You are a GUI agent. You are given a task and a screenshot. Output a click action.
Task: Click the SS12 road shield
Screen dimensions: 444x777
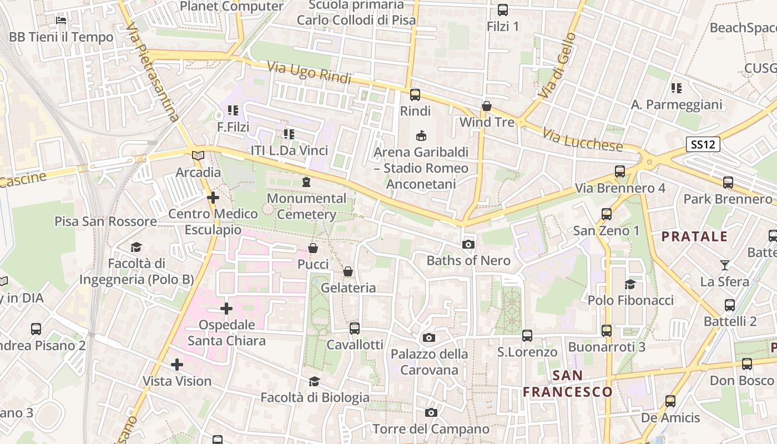pyautogui.click(x=703, y=145)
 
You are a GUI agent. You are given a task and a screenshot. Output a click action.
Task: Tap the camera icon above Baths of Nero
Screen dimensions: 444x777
pyautogui.click(x=468, y=244)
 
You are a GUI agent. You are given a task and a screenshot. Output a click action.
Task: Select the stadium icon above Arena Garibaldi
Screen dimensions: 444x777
pyautogui.click(x=421, y=135)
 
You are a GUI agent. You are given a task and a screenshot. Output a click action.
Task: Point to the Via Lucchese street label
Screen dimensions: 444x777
pyautogui.click(x=583, y=140)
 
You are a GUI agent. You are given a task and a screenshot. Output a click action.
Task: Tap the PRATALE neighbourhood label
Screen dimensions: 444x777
pyautogui.click(x=694, y=236)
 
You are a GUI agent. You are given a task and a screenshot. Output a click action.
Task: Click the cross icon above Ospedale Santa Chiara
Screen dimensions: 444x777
pyautogui.click(x=226, y=309)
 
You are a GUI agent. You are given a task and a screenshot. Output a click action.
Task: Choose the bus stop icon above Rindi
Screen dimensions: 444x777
pyautogui.click(x=415, y=95)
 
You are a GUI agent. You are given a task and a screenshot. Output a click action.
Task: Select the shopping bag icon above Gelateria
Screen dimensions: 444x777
pyautogui.click(x=348, y=271)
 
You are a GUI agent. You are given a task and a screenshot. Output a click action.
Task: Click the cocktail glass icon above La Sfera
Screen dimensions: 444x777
pyautogui.click(x=724, y=265)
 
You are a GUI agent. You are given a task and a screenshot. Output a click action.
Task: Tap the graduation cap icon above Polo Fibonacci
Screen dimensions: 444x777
pyautogui.click(x=630, y=284)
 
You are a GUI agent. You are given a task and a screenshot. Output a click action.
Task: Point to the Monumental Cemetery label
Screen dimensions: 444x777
pyautogui.click(x=306, y=206)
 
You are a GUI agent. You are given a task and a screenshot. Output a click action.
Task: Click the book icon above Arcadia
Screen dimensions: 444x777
pyautogui.click(x=198, y=156)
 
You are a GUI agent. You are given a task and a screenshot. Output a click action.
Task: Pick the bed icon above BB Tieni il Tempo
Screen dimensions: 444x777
pyautogui.click(x=61, y=21)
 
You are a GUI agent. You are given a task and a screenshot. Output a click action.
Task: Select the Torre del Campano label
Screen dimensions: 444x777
pyautogui.click(x=431, y=429)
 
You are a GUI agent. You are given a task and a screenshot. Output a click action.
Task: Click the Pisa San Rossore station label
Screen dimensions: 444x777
pyautogui.click(x=105, y=221)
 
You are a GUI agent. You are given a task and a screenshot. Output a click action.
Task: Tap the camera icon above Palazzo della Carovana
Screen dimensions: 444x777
pyautogui.click(x=428, y=337)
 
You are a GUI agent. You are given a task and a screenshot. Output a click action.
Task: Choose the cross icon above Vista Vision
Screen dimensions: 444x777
pyautogui.click(x=177, y=365)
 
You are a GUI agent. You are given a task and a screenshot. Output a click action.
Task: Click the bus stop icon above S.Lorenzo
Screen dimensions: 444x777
pyautogui.click(x=527, y=336)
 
